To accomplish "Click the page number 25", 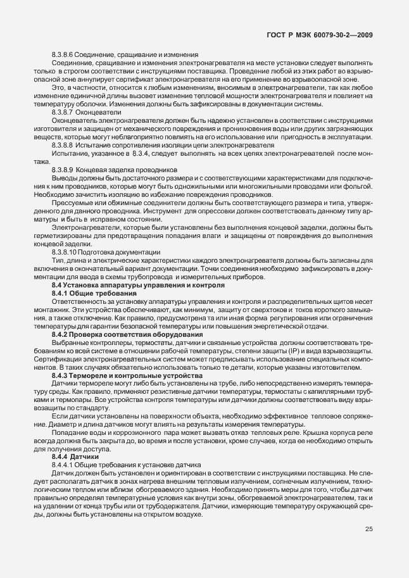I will [368, 529].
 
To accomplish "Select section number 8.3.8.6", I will [63, 54].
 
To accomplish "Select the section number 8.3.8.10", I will [65, 252].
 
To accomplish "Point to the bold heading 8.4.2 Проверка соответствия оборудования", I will [127, 334].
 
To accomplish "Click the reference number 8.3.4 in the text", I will [141, 154].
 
